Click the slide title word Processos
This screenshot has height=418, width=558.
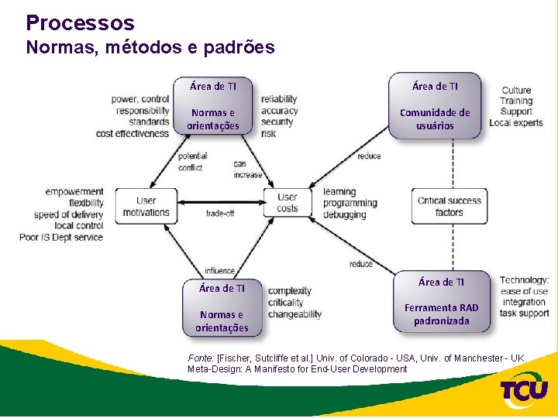[80, 23]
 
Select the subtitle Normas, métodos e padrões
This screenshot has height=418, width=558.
[150, 47]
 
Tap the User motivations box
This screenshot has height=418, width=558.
[145, 205]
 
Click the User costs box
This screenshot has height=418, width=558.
[287, 204]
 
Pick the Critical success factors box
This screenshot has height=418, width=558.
[449, 206]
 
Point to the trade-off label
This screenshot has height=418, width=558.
[220, 213]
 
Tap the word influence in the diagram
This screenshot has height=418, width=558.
[220, 271]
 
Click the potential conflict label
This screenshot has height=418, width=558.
[191, 161]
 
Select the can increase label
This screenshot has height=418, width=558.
[247, 169]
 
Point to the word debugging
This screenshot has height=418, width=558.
[345, 214]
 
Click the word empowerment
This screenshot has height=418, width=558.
[74, 191]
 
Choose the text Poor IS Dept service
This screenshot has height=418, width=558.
[61, 237]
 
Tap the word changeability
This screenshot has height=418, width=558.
[294, 313]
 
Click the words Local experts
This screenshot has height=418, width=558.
[515, 122]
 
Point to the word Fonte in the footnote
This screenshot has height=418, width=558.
[200, 358]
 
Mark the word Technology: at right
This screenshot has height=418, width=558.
[524, 280]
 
